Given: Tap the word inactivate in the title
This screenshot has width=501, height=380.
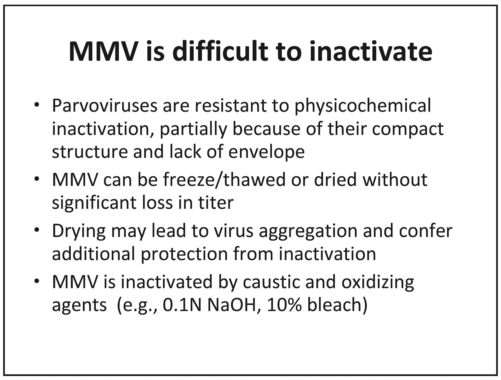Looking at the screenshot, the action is coord(371,52).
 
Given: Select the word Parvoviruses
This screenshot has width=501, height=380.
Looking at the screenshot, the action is coord(105,106).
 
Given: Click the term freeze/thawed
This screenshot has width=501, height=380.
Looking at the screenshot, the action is coord(224,180).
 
